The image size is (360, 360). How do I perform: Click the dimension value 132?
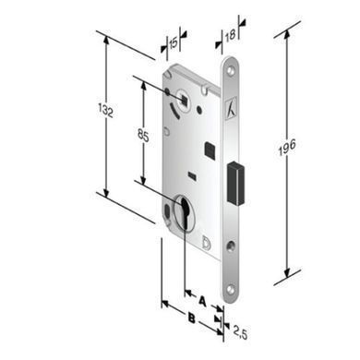click(105, 111)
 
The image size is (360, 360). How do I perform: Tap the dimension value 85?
click(143, 136)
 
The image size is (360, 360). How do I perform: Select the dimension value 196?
click(287, 147)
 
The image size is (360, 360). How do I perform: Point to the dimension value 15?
click(174, 43)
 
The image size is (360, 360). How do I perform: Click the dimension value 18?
click(230, 35)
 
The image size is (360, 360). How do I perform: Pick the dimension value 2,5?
click(240, 332)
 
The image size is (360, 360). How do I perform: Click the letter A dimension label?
click(202, 301)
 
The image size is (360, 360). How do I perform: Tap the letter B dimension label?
click(192, 318)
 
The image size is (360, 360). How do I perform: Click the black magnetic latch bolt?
click(235, 183)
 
